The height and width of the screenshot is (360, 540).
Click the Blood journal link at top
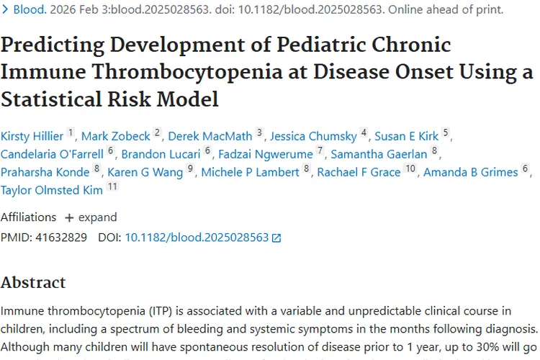27,11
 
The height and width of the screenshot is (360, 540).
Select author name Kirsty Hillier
32,136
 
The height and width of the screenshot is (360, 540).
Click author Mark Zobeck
116,136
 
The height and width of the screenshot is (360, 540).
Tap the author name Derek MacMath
210,136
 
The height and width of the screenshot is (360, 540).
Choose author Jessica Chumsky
314,136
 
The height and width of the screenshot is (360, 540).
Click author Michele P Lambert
250,172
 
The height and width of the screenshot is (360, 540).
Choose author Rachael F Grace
359,172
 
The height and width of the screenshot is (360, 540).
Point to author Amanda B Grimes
470,172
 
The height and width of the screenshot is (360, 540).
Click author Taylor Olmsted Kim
53,190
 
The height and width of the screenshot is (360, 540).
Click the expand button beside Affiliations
91,217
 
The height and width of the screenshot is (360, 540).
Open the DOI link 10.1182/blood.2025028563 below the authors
197,237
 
